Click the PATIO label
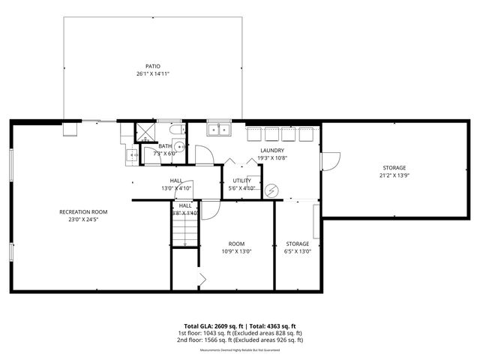click(153, 66)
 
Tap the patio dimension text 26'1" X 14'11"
click(153, 73)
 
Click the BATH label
click(165, 145)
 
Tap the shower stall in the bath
click(142, 133)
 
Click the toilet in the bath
click(129, 155)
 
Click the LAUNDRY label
click(271, 151)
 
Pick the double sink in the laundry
click(219, 130)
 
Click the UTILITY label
click(241, 181)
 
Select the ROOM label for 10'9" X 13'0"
click(236, 244)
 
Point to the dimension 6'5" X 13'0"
click(298, 251)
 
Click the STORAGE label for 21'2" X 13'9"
click(394, 167)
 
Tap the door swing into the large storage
click(330, 160)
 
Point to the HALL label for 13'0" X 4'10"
click(176, 181)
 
